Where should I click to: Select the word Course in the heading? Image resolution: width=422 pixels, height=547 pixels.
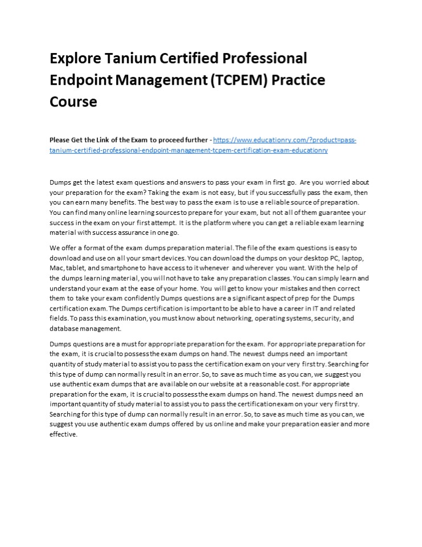pos(73,101)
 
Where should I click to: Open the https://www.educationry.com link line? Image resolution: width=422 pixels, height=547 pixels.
pos(285,140)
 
